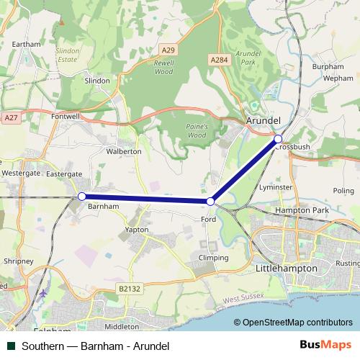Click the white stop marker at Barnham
(x=82, y=196)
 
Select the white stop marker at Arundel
(x=279, y=138)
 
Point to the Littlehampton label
(x=286, y=268)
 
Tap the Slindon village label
(x=97, y=81)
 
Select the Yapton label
(x=137, y=230)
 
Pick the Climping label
(x=213, y=258)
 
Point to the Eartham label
(x=27, y=44)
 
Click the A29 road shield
(x=168, y=50)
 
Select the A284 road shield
(x=220, y=60)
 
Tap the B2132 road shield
(x=129, y=288)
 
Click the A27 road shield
(x=10, y=117)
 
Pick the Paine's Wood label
(x=197, y=130)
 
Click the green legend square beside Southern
(x=10, y=346)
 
